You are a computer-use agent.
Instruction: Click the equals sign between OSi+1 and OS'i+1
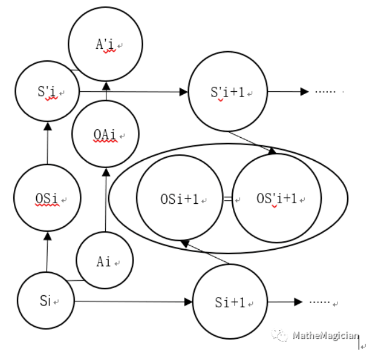pos(228,199)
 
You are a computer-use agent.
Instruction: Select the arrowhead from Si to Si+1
pos(189,302)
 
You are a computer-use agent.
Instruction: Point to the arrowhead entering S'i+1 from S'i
pos(184,92)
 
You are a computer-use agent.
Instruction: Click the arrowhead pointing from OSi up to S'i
pos(48,126)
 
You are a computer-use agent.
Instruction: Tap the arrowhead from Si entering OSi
pos(48,236)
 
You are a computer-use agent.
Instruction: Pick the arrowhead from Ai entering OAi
pos(106,172)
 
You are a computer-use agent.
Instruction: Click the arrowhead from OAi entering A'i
pos(106,86)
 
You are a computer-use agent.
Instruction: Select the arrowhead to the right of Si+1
pos(298,302)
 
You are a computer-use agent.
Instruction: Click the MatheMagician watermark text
pos(326,335)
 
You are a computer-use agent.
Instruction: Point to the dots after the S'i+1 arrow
pos(325,92)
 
